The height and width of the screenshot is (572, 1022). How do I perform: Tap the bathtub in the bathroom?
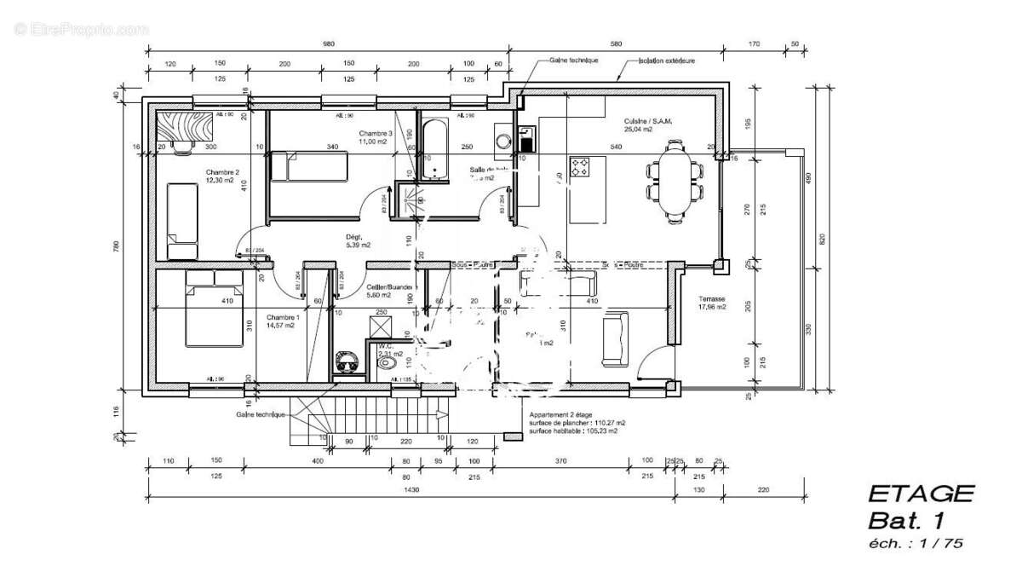(x=434, y=149)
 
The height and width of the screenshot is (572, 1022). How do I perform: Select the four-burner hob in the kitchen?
(x=580, y=167)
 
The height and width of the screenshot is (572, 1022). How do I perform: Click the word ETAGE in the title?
(x=920, y=494)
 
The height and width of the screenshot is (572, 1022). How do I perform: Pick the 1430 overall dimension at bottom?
(x=411, y=491)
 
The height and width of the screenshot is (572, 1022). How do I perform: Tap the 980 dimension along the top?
(x=329, y=44)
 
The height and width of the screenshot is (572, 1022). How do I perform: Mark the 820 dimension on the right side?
(x=823, y=239)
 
